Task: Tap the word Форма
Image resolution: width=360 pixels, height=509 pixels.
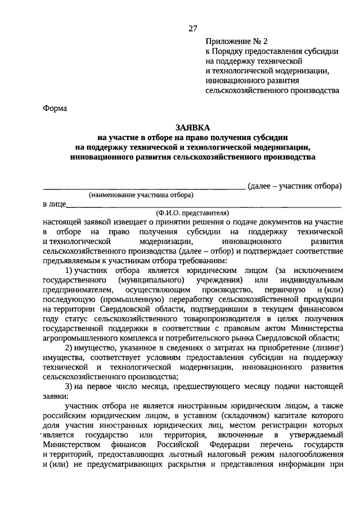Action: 55,109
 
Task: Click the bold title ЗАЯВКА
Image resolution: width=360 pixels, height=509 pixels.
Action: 193,128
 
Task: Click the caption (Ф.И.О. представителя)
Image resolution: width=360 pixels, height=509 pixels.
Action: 193,213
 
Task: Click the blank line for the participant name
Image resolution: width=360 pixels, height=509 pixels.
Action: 144,187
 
